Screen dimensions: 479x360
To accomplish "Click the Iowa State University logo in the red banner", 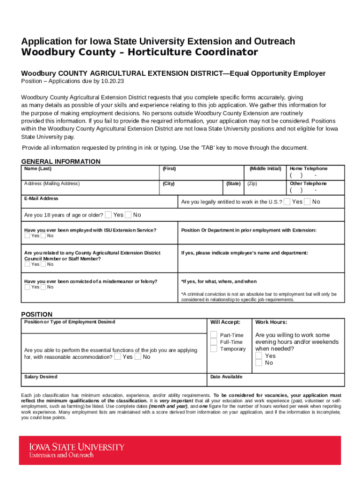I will click(77, 450).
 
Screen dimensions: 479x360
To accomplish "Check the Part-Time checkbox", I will click(214, 335).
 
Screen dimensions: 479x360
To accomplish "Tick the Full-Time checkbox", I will click(214, 342).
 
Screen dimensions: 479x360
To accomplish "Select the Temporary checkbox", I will click(214, 348).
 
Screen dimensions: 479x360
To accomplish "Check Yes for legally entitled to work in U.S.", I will click(287, 202).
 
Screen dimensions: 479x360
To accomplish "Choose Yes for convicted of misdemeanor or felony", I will click(27, 287).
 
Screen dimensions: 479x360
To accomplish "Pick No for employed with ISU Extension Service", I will click(43, 236).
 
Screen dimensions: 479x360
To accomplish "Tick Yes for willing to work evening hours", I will click(259, 356).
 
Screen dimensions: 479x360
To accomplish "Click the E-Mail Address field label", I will click(41, 198).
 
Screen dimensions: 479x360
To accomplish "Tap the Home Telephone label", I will click(309, 168).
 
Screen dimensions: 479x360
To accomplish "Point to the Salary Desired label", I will click(41, 377).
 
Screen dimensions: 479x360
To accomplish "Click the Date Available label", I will click(226, 377).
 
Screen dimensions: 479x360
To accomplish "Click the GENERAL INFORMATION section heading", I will click(61, 161).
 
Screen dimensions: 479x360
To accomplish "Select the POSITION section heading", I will click(37, 314).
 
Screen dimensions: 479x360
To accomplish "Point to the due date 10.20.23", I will click(112, 81).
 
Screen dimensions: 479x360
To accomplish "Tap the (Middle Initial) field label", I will click(265, 168).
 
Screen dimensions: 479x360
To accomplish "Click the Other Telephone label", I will click(308, 183).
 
